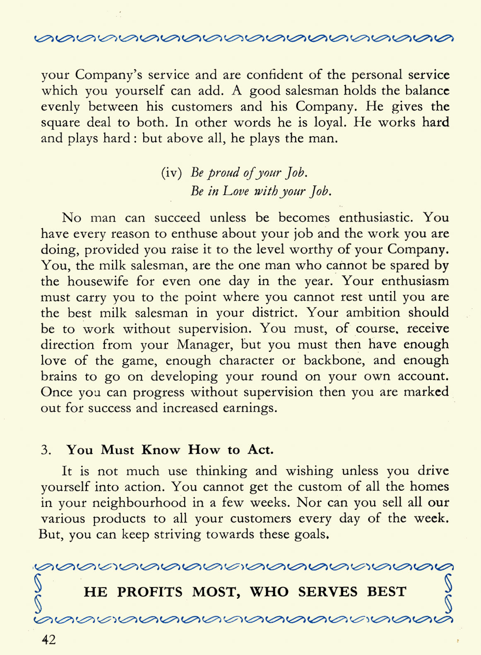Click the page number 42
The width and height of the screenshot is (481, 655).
click(x=48, y=640)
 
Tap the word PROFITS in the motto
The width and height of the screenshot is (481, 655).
click(x=149, y=592)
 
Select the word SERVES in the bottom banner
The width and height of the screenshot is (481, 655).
click(x=327, y=592)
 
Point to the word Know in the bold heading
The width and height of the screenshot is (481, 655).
click(x=161, y=450)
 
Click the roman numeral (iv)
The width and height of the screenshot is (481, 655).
click(x=171, y=172)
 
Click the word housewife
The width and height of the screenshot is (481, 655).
click(x=98, y=281)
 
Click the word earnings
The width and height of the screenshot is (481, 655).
click(x=250, y=408)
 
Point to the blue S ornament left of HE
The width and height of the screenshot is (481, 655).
click(x=38, y=592)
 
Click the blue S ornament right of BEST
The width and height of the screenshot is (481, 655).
click(x=448, y=592)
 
